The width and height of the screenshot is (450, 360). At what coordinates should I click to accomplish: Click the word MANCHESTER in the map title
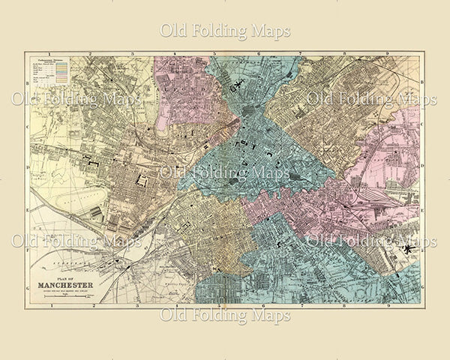tap(71, 285)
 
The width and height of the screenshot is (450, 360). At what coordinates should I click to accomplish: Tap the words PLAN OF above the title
tap(71, 277)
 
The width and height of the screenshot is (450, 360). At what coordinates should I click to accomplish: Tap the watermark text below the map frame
tap(225, 315)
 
